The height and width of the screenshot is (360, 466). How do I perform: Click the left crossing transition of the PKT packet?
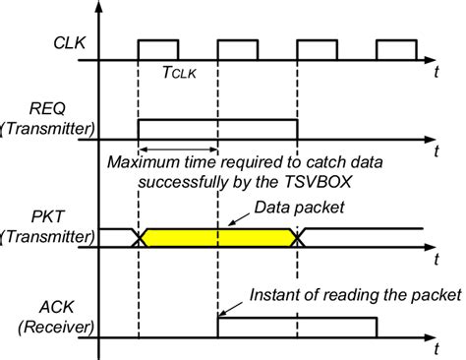(140, 237)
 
